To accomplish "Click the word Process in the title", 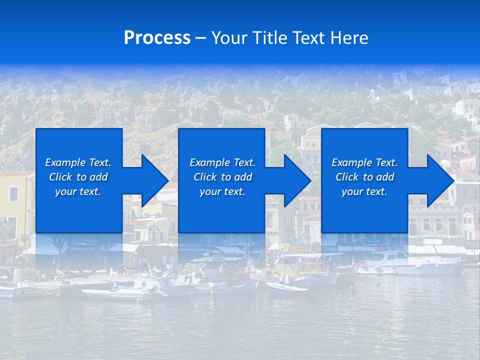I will (157, 38).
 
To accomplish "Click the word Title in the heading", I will (268, 38).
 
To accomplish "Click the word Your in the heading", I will (230, 38).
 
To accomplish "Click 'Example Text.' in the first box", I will (78, 162).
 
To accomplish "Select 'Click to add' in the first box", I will (78, 177).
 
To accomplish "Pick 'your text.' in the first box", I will (78, 191).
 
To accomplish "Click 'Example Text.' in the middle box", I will (222, 162).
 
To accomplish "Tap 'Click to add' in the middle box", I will (222, 177).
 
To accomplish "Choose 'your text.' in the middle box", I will (222, 191).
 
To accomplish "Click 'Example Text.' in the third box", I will (364, 162).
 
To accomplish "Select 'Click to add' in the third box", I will (364, 177).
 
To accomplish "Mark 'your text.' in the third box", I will (364, 191).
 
